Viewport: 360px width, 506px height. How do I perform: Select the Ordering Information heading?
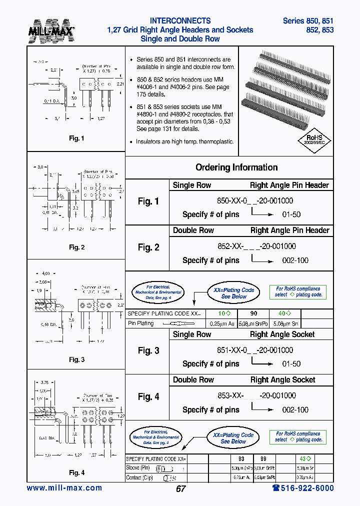click(x=236, y=167)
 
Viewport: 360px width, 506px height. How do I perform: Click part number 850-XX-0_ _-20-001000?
click(x=255, y=200)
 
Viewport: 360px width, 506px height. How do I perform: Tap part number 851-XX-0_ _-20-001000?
click(x=255, y=350)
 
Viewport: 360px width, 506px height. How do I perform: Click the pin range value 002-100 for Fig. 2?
click(x=295, y=260)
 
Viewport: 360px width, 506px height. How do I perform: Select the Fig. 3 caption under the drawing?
click(x=76, y=359)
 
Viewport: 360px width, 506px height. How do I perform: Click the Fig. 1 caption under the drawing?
click(x=76, y=138)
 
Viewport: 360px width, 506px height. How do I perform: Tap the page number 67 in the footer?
click(x=180, y=489)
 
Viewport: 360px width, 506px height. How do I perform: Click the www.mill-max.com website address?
click(x=64, y=488)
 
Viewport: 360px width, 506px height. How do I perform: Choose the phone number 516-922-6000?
click(x=303, y=488)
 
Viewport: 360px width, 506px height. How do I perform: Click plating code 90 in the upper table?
click(x=254, y=313)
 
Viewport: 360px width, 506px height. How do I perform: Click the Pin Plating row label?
click(x=141, y=323)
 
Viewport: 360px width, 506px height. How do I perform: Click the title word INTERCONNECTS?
click(x=180, y=21)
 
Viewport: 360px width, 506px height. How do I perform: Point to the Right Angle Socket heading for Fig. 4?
click(x=282, y=380)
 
